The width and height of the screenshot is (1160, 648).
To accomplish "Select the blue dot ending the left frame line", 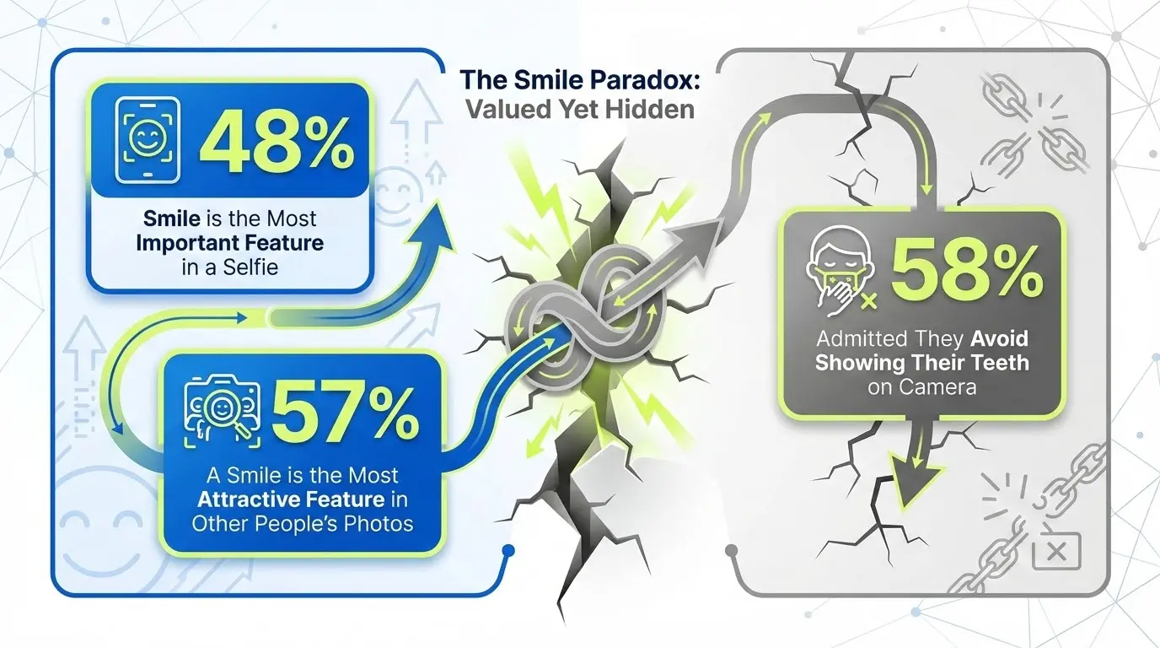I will pos(508,553).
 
